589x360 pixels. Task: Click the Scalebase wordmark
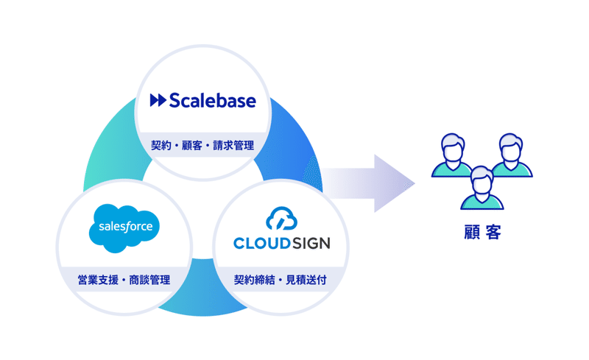point(212,100)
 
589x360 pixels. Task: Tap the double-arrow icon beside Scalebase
point(158,100)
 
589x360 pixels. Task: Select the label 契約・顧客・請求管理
point(202,146)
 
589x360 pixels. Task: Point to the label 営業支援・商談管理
point(124,280)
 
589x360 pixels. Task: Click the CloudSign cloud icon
point(281,219)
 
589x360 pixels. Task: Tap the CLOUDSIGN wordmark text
point(281,243)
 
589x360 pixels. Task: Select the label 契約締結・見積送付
point(281,280)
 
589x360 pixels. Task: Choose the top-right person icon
point(508,155)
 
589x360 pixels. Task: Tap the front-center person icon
point(479,187)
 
